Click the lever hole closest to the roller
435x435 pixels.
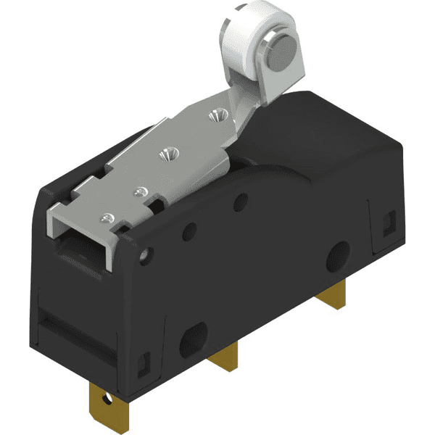coord(215,115)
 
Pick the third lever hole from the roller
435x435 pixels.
coord(141,191)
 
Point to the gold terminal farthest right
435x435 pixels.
coord(332,290)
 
